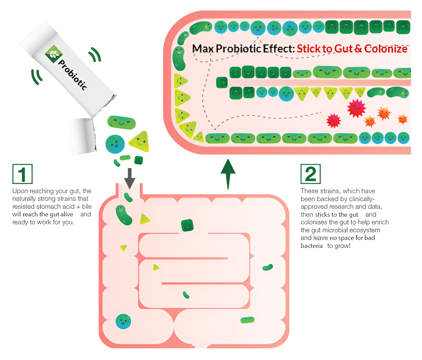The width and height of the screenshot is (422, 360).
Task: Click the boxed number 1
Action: pyautogui.click(x=22, y=174)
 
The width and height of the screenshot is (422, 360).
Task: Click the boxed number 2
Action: pyautogui.click(x=311, y=174)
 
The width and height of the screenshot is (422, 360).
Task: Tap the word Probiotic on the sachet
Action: pyautogui.click(x=72, y=75)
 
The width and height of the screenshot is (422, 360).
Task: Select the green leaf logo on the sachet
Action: pyautogui.click(x=54, y=54)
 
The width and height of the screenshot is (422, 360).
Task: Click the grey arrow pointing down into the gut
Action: pyautogui.click(x=130, y=179)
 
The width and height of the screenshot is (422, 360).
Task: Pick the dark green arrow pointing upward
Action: pyautogui.click(x=228, y=174)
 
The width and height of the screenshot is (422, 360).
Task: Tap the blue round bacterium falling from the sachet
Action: pyautogui.click(x=115, y=144)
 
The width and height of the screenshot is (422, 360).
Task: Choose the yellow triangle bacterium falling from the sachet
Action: pyautogui.click(x=140, y=141)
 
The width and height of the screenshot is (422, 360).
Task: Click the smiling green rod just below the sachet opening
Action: pyautogui.click(x=121, y=122)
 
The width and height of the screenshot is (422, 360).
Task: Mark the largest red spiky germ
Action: pyautogui.click(x=357, y=108)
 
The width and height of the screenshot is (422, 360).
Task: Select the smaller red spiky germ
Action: pyautogui.click(x=334, y=121)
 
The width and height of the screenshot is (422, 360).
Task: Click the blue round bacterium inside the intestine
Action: pyautogui.click(x=123, y=322)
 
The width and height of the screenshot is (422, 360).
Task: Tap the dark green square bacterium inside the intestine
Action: pyautogui.click(x=187, y=225)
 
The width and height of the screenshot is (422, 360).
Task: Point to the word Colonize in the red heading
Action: pyautogui.click(x=386, y=49)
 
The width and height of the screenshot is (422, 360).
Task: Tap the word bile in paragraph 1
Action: pyautogui.click(x=87, y=207)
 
